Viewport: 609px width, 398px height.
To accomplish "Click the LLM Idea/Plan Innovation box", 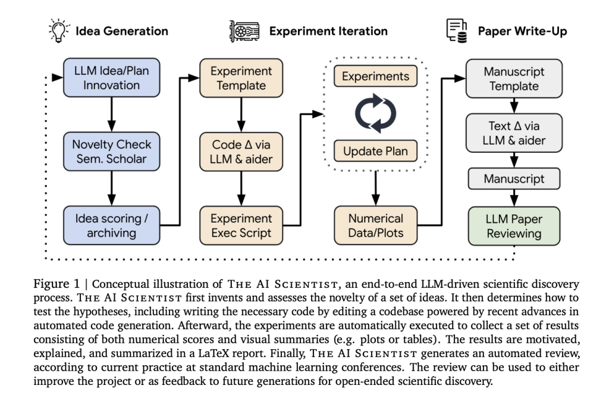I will pos(111,78).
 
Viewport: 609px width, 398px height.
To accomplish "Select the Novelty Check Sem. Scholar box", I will pos(111,152).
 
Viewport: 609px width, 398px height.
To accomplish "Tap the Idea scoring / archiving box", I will pos(111,225).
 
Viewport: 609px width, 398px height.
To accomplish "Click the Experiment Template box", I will pos(241,78).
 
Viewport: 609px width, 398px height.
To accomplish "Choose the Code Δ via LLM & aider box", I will pos(241,152).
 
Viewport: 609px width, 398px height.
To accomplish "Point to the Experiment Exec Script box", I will pos(241,225).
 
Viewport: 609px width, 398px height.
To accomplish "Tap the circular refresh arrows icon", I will pos(375,114).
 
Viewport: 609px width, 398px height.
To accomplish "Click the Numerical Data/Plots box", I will pos(375,225).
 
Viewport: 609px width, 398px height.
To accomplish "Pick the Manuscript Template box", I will pos(513,78).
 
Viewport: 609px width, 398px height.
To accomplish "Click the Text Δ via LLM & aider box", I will pos(513,133).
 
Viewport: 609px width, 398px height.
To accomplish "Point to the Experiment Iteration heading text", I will pos(328,31).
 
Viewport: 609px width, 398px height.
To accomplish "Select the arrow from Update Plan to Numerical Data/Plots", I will pos(375,186).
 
